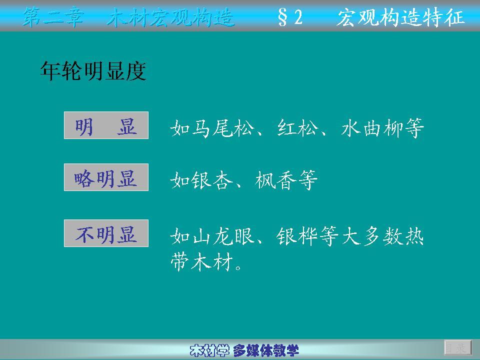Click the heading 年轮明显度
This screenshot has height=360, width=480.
pyautogui.click(x=93, y=71)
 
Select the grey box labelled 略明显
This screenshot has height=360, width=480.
pyautogui.click(x=106, y=177)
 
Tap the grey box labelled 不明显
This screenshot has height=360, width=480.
pyautogui.click(x=106, y=233)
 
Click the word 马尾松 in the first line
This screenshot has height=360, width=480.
pyautogui.click(x=223, y=128)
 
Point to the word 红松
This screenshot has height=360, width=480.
pyautogui.click(x=297, y=128)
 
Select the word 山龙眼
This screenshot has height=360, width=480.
pyautogui.click(x=223, y=236)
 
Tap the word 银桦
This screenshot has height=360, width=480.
pyautogui.click(x=297, y=236)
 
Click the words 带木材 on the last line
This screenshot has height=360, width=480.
pyautogui.click(x=201, y=262)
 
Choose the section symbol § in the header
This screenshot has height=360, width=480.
pyautogui.click(x=282, y=17)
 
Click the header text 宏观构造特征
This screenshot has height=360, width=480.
pyautogui.click(x=400, y=17)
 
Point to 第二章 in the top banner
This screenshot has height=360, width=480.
pyautogui.click(x=53, y=17)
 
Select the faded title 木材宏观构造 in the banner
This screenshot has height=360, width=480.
pyautogui.click(x=171, y=17)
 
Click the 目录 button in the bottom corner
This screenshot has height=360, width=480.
pyautogui.click(x=458, y=348)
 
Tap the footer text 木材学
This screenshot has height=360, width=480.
pyautogui.click(x=209, y=350)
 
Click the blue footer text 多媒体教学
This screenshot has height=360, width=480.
pyautogui.click(x=265, y=350)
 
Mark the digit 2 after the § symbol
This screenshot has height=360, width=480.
pyautogui.click(x=298, y=17)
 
